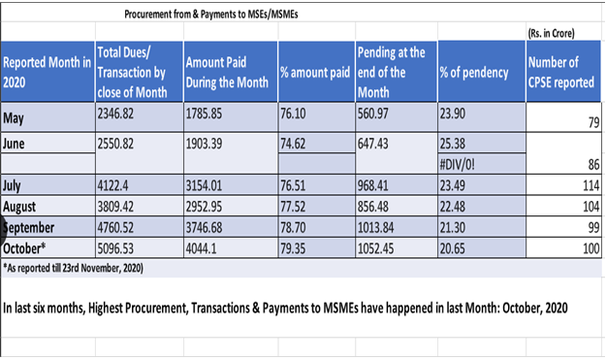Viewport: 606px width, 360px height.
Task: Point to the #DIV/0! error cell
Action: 459,164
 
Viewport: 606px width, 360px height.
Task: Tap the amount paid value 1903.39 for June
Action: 206,144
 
